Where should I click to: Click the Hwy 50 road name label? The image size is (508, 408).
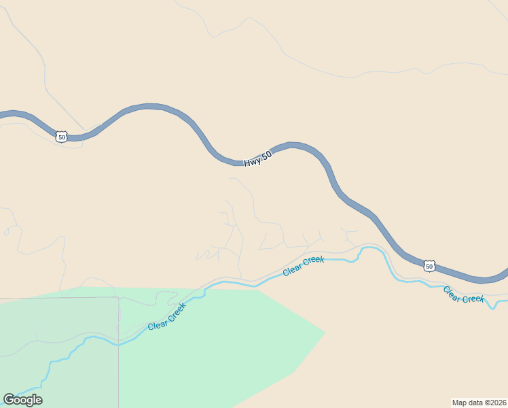[258, 159]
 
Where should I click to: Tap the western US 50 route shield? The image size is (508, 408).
[62, 137]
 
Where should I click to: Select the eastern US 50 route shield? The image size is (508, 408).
[429, 266]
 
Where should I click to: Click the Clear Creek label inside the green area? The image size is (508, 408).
[166, 317]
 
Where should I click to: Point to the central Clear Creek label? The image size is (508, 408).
[304, 265]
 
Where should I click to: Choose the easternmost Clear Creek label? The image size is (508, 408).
[464, 294]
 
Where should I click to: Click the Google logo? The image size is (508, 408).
[22, 400]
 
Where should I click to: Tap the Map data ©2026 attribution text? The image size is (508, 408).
[479, 402]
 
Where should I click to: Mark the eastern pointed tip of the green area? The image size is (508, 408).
[325, 332]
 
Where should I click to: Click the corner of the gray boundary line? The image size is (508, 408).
[118, 297]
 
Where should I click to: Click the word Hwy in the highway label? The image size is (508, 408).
[253, 162]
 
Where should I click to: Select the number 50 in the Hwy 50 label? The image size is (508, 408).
[267, 155]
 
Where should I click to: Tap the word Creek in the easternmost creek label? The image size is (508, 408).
[473, 298]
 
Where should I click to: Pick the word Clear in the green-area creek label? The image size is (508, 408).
[158, 324]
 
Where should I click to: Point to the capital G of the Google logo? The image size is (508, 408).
[9, 400]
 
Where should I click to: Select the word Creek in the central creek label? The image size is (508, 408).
[313, 261]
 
